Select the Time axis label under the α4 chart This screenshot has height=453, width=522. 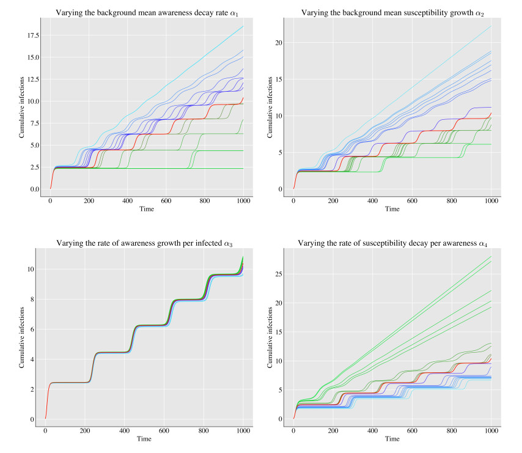(x=392, y=439)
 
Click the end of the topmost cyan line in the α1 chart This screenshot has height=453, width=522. (x=243, y=26)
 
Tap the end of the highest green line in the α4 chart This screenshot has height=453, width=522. (x=491, y=257)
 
